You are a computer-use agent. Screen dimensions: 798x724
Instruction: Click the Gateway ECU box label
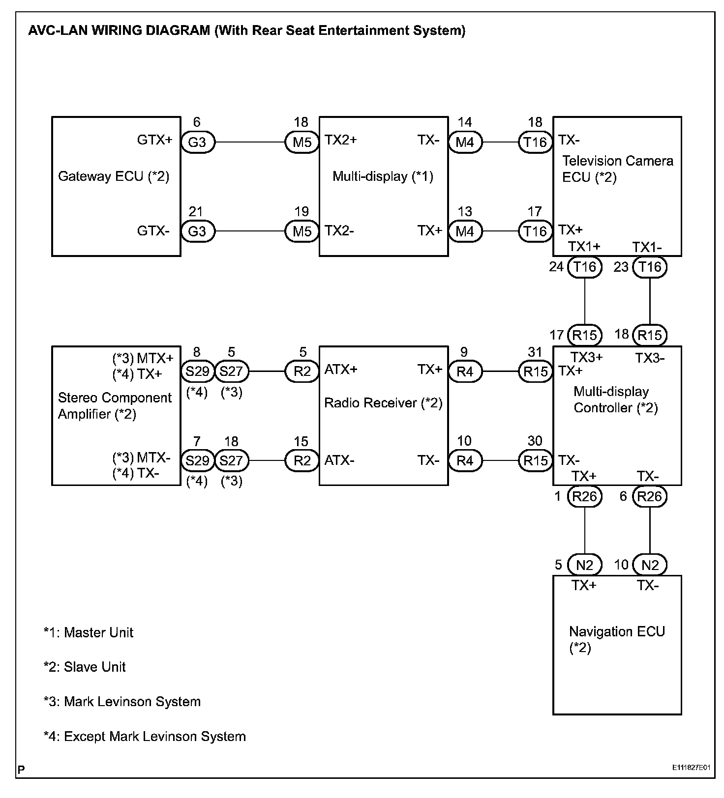[x=114, y=176]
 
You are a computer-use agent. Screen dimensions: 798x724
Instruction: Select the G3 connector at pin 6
[x=197, y=142]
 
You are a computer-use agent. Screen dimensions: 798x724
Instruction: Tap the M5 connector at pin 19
[x=302, y=231]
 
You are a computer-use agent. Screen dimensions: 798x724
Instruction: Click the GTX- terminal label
[x=153, y=230]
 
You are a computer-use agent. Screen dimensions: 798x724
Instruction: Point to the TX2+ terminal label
[x=341, y=140]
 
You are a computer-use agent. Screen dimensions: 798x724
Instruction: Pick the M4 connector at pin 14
[x=465, y=142]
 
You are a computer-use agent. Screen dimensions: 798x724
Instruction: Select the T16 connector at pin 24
[x=585, y=267]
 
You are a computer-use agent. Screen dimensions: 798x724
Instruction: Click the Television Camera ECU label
[x=617, y=169]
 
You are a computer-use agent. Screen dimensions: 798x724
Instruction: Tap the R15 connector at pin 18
[x=650, y=335]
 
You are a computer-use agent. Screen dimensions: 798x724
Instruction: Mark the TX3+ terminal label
[x=586, y=357]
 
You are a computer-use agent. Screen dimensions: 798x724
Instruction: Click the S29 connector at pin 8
[x=197, y=371]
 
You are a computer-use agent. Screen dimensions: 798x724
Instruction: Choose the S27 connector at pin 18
[x=231, y=460]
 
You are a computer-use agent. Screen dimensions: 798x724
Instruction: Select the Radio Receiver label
[x=383, y=403]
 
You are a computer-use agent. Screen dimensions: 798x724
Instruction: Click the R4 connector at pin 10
[x=465, y=460]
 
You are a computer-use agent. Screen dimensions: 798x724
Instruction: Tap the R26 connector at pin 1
[x=585, y=496]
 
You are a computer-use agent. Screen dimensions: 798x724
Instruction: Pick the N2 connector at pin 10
[x=650, y=565]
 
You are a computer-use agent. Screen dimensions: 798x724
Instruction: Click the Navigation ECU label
[x=617, y=639]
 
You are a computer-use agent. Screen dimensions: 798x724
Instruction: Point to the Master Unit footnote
[x=89, y=632]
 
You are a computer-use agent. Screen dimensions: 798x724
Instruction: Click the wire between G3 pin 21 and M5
[x=250, y=231]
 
